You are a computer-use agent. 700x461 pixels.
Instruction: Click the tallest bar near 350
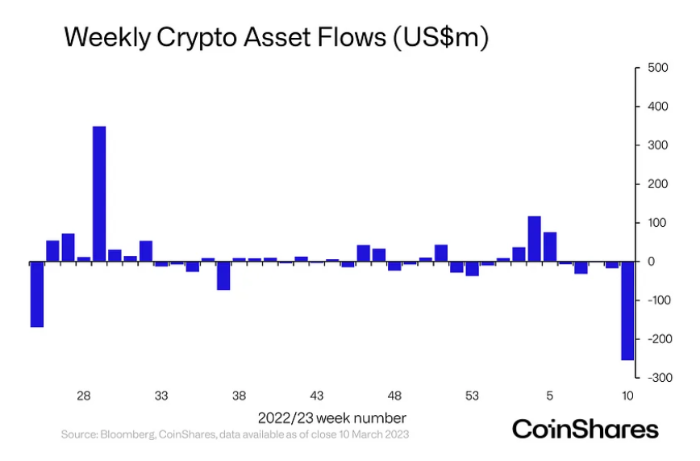point(99,194)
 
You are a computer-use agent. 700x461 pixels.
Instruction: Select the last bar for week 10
point(627,311)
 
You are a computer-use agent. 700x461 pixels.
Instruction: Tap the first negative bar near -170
point(36,294)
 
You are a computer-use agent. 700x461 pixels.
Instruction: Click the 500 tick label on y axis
point(652,68)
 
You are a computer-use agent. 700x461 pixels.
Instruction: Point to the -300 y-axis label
point(650,378)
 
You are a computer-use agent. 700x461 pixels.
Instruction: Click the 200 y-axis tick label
point(652,184)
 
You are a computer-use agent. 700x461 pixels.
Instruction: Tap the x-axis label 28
point(83,396)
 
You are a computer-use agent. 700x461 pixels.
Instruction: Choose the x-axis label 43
point(317,396)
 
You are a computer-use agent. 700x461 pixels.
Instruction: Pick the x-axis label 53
point(473,396)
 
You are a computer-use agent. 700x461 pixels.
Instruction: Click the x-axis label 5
point(550,396)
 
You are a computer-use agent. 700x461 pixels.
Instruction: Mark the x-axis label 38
point(240,396)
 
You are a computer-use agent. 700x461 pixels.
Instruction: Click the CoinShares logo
point(585,428)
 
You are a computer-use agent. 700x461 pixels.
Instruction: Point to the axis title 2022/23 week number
point(332,418)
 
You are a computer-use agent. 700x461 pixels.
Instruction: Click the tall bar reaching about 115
point(534,239)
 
